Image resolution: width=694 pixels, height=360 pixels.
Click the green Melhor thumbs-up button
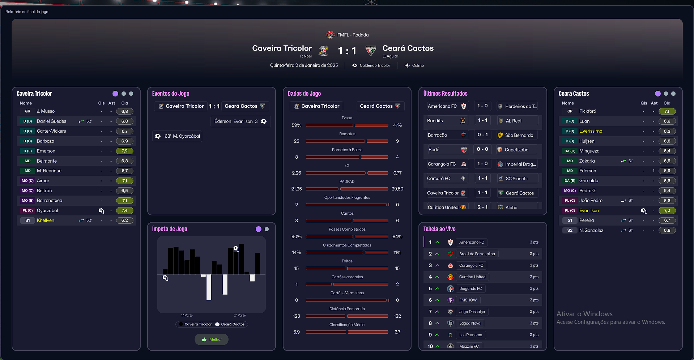(212, 339)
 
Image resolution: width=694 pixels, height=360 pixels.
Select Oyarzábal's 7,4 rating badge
(124, 210)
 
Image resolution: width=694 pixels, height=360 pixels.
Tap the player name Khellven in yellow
(46, 220)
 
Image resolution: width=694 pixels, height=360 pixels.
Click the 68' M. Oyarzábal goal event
(177, 136)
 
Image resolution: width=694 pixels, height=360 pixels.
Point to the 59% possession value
(296, 125)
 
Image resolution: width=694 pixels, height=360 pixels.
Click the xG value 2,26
(296, 173)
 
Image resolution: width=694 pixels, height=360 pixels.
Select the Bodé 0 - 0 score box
(482, 149)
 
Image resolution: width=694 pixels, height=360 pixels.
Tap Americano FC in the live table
(472, 242)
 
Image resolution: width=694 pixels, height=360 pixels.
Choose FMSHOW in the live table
(468, 300)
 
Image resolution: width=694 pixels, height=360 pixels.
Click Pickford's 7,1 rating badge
(667, 111)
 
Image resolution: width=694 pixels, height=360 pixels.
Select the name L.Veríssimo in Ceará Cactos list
(591, 131)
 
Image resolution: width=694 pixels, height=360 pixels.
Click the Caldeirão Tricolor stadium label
(375, 65)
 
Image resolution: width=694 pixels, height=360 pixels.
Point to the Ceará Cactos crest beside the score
(371, 51)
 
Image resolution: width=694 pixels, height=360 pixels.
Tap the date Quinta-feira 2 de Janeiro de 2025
(304, 65)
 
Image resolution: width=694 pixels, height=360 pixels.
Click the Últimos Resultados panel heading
(445, 94)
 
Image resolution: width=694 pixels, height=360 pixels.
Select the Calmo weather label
(418, 65)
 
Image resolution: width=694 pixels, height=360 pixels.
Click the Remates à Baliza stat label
(347, 150)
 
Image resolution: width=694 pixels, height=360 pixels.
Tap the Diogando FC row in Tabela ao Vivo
(470, 288)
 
